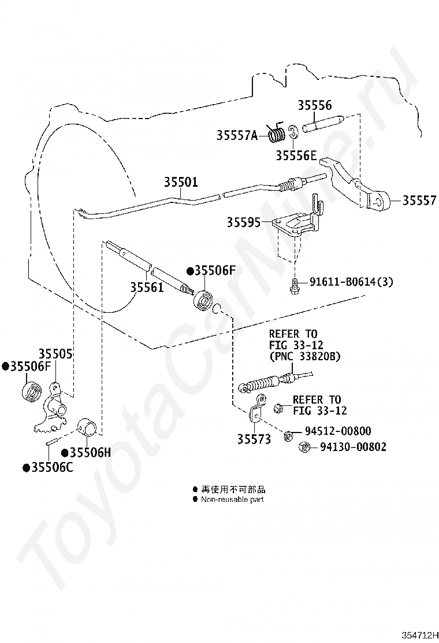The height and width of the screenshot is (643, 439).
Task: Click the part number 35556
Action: point(314,105)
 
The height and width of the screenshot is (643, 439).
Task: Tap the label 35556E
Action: point(296,156)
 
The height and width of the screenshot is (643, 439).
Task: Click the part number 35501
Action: point(181,182)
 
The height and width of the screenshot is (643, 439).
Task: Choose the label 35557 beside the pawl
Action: point(419,201)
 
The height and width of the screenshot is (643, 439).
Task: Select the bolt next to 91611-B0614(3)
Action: point(293,285)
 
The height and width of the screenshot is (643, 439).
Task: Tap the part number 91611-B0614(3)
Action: point(351,282)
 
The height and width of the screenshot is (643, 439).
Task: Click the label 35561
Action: point(147,287)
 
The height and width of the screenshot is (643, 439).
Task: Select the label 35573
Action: point(254,439)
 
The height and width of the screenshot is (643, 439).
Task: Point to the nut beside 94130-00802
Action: point(304,446)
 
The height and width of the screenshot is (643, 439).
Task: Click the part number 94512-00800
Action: point(338,431)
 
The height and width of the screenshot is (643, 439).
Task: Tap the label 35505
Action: point(55,354)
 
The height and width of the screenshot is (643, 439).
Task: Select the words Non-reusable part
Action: point(232,500)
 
